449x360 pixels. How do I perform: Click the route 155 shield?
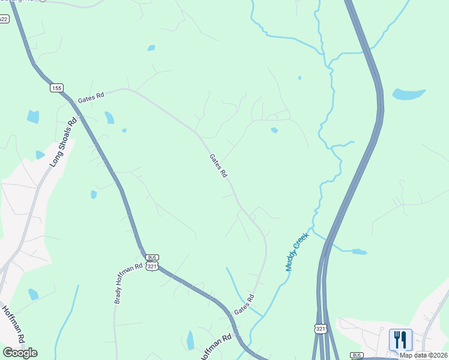pos(56,88)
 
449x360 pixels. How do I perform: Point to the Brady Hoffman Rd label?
pos(128,283)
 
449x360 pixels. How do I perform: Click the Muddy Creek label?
pos(297,252)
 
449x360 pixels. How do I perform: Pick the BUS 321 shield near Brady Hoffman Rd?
pos(152,262)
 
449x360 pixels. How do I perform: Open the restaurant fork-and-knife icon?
pos(400,340)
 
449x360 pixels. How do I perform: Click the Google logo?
pos(20,353)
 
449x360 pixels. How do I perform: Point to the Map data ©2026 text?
pos(423,355)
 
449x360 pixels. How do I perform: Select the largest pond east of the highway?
pos(409,94)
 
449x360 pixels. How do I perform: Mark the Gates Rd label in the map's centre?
pos(218,166)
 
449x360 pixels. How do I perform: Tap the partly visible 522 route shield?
pos(3,19)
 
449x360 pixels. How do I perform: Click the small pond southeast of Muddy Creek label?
pos(359,252)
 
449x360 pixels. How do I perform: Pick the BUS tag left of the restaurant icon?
pos(357,355)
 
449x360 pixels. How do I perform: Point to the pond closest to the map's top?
pos(151,48)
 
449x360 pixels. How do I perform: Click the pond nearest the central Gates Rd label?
pos(274,130)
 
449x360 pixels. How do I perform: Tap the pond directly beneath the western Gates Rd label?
pos(109,117)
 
